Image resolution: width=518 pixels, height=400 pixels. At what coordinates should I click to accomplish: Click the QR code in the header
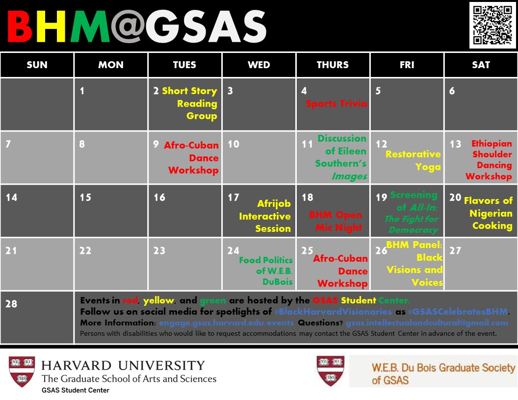(x=492, y=25)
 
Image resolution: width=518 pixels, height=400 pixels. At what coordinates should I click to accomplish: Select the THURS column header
(x=333, y=65)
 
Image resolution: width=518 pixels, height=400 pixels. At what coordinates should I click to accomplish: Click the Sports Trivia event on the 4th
(x=336, y=104)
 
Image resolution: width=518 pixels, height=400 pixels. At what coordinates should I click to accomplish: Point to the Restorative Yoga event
(x=413, y=160)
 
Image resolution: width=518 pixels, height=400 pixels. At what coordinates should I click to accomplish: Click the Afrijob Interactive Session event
(x=266, y=216)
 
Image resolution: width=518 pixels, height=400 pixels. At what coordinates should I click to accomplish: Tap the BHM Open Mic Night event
(x=336, y=221)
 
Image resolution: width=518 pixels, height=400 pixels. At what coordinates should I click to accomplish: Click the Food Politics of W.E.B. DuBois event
(x=266, y=271)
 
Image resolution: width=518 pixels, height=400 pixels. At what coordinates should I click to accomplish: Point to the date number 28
(x=11, y=304)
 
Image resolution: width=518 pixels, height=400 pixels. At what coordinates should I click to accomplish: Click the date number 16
(x=159, y=198)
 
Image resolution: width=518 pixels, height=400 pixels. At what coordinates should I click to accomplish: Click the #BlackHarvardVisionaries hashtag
(x=333, y=312)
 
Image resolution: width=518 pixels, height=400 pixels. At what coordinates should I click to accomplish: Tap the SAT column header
(x=481, y=65)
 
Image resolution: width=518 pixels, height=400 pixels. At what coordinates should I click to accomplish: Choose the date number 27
(x=455, y=250)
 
